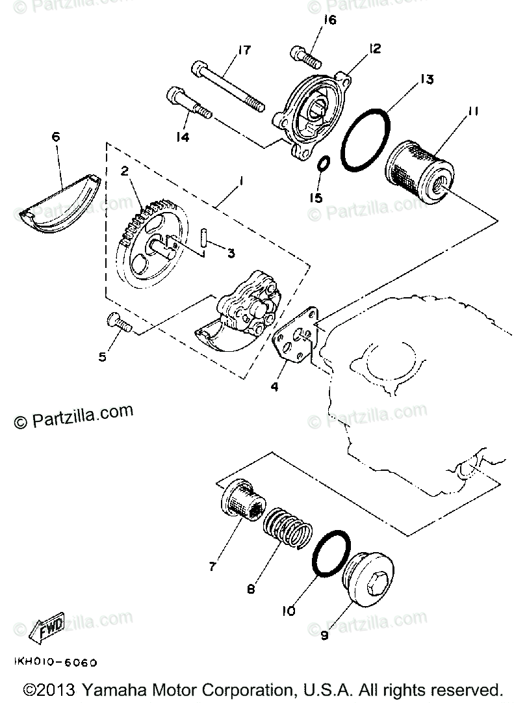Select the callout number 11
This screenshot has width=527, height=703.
[x=472, y=112]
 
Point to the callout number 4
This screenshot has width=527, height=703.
[x=275, y=387]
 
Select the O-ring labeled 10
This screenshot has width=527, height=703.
[x=331, y=547]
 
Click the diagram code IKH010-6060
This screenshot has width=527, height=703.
[x=55, y=663]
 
